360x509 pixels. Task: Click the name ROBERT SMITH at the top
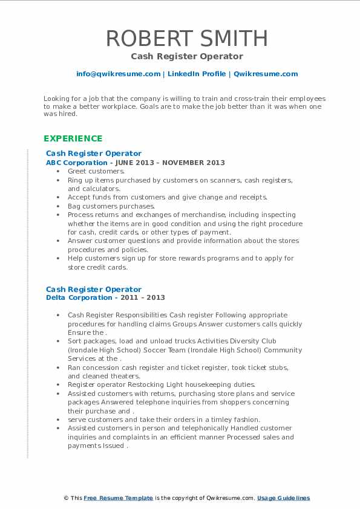tap(186, 38)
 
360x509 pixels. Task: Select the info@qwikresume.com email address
tap(118, 74)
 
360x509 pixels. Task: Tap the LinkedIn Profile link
tap(197, 74)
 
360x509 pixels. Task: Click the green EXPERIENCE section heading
tap(73, 138)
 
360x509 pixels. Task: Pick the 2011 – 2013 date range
tap(143, 297)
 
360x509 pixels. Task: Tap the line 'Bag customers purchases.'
tap(103, 206)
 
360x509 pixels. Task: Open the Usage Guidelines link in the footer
tap(283, 498)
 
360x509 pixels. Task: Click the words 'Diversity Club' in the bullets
tap(187, 342)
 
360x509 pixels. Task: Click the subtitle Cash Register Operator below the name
tap(186, 56)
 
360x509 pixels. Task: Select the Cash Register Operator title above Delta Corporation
tap(94, 289)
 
